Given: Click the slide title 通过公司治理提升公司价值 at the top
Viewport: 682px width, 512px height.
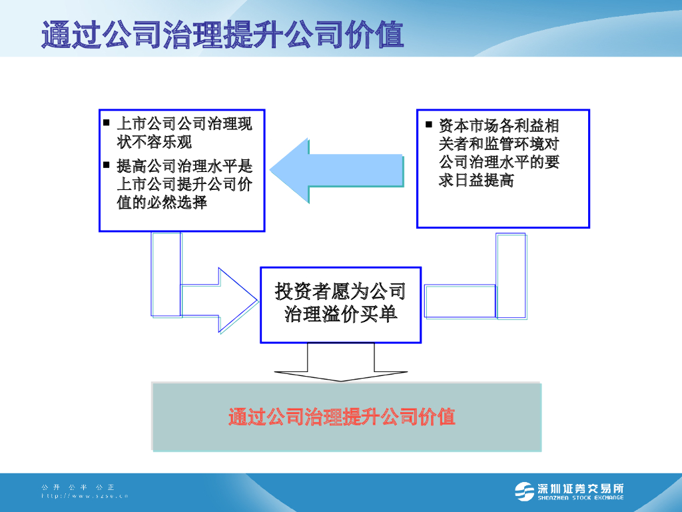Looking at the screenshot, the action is pyautogui.click(x=222, y=35).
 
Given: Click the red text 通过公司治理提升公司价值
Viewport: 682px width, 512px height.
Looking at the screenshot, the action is pyautogui.click(x=342, y=417).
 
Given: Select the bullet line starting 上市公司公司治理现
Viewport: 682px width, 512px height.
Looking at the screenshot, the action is pyautogui.click(x=184, y=124).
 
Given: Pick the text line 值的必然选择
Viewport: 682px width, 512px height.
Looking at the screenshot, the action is pyautogui.click(x=162, y=202).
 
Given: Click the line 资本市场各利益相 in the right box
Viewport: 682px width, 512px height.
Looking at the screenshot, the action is pyautogui.click(x=499, y=125).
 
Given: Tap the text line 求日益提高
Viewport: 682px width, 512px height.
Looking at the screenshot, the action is pyautogui.click(x=476, y=180).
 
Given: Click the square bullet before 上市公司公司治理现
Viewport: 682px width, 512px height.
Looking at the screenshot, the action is pyautogui.click(x=107, y=123).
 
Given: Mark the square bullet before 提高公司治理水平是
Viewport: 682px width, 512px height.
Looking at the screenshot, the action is pyautogui.click(x=107, y=164).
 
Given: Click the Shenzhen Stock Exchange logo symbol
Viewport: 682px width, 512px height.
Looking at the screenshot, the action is pyautogui.click(x=524, y=491).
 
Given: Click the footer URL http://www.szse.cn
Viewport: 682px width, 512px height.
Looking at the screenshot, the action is pyautogui.click(x=84, y=496).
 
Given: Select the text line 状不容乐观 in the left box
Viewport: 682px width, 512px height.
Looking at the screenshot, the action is pyautogui.click(x=155, y=141).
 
